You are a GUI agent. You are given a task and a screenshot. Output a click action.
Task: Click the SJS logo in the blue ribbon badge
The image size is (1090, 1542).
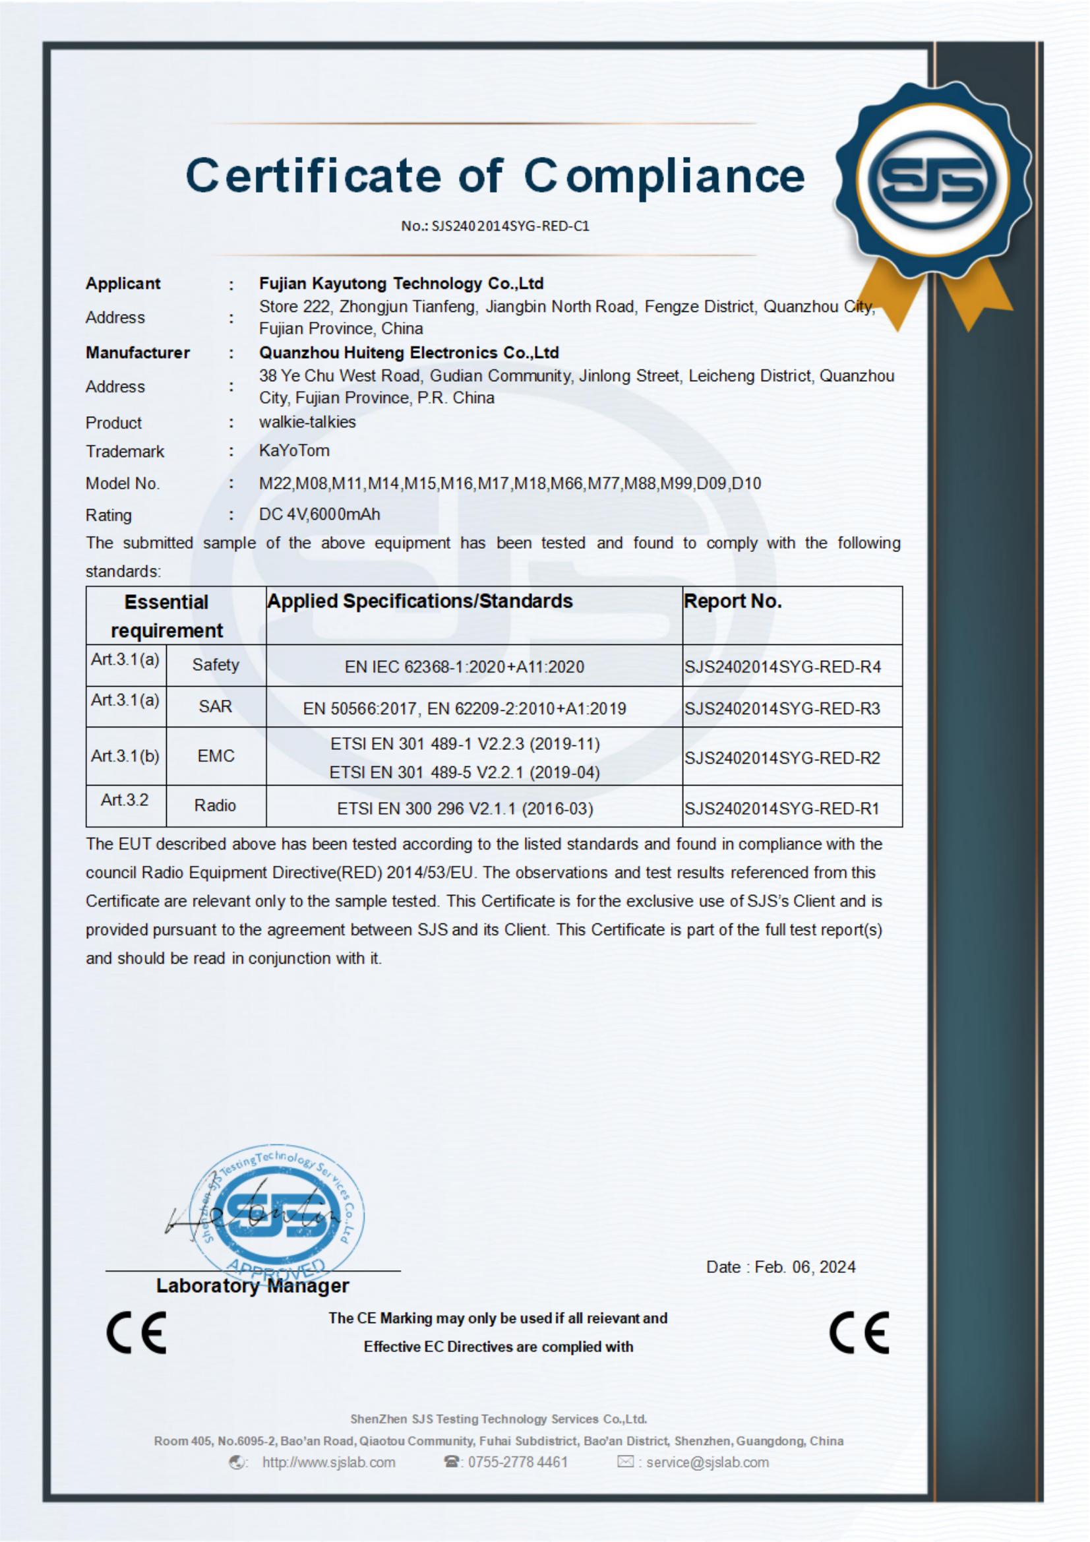coord(935,183)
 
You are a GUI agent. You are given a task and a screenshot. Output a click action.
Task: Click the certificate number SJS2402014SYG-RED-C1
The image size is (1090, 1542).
coord(495,226)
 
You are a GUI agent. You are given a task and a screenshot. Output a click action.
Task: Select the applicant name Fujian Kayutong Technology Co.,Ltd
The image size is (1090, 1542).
coord(401,284)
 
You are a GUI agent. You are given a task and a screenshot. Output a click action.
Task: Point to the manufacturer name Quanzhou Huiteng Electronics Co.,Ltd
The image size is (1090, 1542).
coord(409,353)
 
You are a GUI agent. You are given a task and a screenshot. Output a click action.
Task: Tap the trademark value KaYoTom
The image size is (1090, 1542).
coord(294,450)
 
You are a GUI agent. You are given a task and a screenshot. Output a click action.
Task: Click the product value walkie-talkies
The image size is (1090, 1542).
coord(307,423)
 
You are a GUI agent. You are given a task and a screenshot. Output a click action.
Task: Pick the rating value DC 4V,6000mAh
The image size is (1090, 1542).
coord(319,514)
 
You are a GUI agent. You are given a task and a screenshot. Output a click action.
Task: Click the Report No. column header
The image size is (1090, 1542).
coord(733,601)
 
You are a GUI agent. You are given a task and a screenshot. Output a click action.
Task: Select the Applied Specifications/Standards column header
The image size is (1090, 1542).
coord(420,601)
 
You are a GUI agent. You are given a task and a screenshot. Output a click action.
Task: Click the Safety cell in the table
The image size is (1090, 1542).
coord(216,665)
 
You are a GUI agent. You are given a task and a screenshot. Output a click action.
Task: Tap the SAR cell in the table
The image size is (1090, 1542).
coord(216,706)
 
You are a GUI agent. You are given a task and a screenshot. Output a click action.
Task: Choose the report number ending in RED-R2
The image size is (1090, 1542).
coord(782,758)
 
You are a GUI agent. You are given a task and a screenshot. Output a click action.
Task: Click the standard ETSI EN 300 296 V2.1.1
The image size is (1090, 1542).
coord(465,809)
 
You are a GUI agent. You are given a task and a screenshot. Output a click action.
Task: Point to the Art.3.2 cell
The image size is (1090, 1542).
coord(125,800)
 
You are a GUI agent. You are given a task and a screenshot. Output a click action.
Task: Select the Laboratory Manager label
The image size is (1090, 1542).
coord(253,1286)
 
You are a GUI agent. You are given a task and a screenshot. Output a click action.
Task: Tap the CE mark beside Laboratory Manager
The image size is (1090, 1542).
coord(136,1332)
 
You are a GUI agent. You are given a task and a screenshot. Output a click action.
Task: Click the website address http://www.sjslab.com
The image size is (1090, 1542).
coord(328,1462)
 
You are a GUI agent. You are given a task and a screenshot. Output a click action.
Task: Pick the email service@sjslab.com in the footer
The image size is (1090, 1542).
coord(706,1462)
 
